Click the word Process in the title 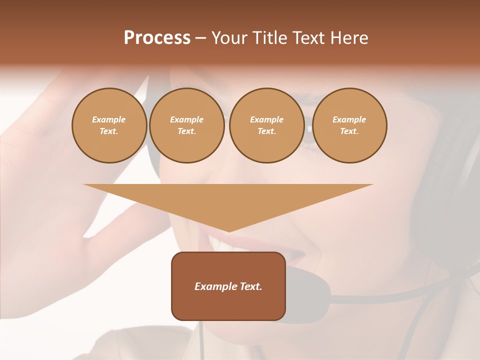157,38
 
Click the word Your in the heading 230,38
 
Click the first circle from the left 109,125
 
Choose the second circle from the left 186,125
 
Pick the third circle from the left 266,125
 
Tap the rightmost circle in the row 349,125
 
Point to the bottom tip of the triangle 228,231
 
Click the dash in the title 200,38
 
